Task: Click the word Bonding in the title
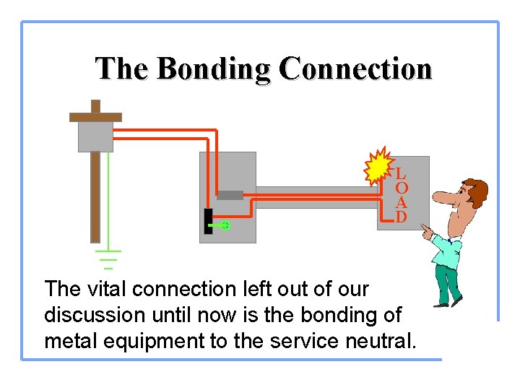coord(214,69)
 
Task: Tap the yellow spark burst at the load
coord(376,169)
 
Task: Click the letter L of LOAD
coord(401,174)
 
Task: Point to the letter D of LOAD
coord(401,217)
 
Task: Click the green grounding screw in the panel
coord(225,225)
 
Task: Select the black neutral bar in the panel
coord(208,221)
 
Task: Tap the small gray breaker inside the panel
coord(230,195)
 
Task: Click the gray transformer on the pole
coord(95,136)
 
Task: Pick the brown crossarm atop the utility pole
coord(95,117)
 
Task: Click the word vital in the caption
coord(109,289)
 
